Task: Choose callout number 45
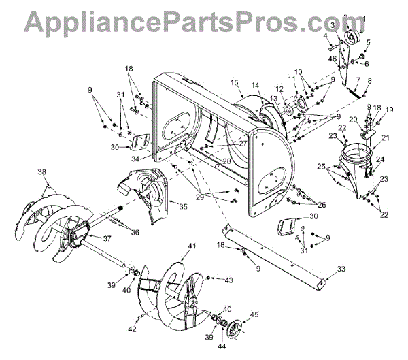(255, 314)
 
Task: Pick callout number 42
(132, 330)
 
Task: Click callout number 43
(229, 280)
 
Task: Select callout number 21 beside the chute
(385, 138)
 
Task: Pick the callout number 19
(389, 110)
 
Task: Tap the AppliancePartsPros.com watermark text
(204, 22)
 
